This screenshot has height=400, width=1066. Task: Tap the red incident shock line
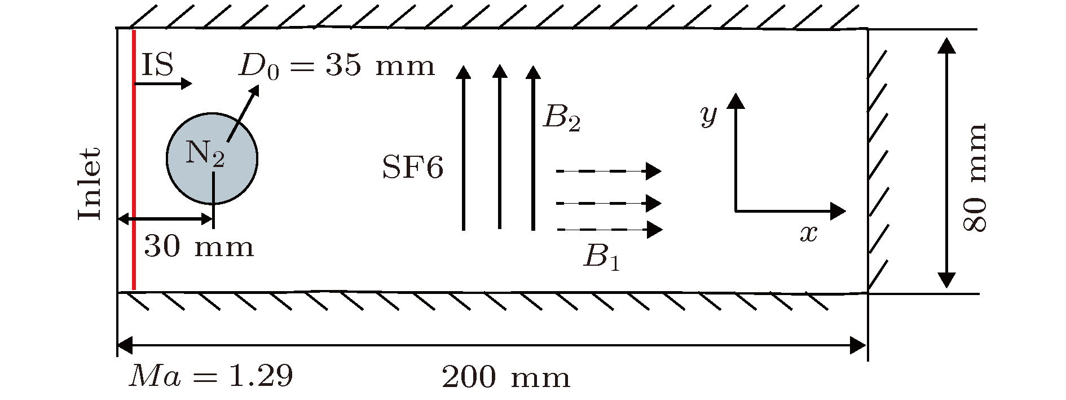coord(134,160)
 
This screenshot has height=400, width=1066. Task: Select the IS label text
coord(157,64)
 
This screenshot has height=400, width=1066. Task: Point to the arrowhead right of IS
coord(187,83)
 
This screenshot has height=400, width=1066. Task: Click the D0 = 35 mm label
coord(337,66)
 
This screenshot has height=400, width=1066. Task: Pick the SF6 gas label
coord(412,168)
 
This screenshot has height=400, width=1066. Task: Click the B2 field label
coord(561,118)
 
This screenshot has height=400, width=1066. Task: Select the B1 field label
coord(602,256)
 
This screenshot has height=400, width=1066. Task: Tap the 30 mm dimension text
coord(199,247)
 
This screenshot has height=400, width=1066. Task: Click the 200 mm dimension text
coord(505,377)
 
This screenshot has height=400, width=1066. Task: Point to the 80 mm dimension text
coord(975,177)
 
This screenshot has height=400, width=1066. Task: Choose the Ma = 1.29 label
coord(211,376)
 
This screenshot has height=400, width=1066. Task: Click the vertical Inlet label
coord(89,184)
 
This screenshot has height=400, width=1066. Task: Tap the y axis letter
coord(708,115)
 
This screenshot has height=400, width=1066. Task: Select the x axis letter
coord(809,232)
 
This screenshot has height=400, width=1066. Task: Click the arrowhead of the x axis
coord(839,212)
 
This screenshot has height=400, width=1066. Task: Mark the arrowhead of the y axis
coord(735,100)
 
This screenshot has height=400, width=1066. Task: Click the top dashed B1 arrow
coord(609,170)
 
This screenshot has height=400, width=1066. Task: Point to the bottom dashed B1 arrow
coord(609,230)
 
